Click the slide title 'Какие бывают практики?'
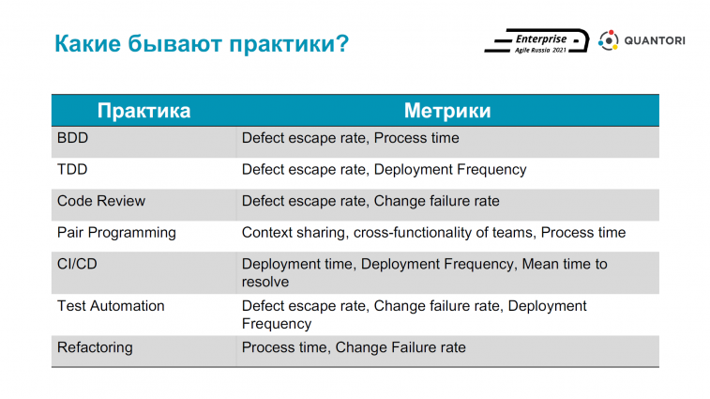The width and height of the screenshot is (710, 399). pos(202,44)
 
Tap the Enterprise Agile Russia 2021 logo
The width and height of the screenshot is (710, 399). pos(537,41)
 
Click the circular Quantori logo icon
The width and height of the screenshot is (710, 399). pos(609,40)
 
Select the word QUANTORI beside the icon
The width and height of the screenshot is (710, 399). pos(655,40)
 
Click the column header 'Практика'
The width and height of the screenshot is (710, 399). pos(144,111)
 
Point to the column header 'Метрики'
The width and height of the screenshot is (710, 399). pos(447,111)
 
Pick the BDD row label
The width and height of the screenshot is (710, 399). pos(72,138)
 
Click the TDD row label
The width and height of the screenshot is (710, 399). pos(72,169)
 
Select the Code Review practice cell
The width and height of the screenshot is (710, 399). pos(101,201)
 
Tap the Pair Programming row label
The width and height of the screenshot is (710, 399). pos(116,233)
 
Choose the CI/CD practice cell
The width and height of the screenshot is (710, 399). pos(77,264)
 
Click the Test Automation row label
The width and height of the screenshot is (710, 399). pos(111,306)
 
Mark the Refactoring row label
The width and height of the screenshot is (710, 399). pos(95,347)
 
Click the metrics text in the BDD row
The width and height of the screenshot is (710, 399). pos(350,138)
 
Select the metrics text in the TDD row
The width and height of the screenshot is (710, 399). pos(384,170)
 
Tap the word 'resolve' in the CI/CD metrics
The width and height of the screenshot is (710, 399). pos(264,282)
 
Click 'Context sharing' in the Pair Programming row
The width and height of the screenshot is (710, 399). pos(295,233)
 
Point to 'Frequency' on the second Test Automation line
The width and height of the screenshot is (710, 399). pos(276,324)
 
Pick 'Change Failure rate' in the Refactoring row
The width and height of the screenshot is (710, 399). pos(400,347)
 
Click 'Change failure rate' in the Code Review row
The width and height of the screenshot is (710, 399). pos(436,201)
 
